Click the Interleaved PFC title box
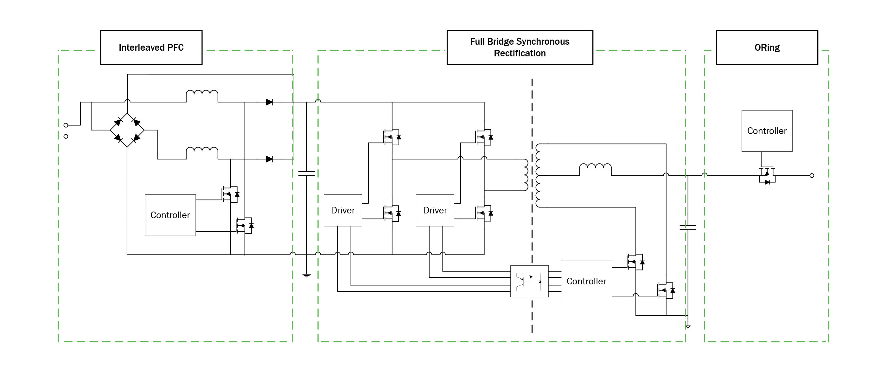pyautogui.click(x=151, y=47)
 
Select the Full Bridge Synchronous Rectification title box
pyautogui.click(x=520, y=47)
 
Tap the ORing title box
pyautogui.click(x=767, y=47)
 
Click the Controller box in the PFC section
pyautogui.click(x=170, y=215)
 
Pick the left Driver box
pyautogui.click(x=343, y=210)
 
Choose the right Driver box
pyautogui.click(x=435, y=210)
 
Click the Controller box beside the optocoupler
pyautogui.click(x=586, y=281)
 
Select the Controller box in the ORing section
pyautogui.click(x=767, y=131)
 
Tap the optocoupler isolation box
pyautogui.click(x=529, y=281)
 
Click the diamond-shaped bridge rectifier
pyautogui.click(x=127, y=130)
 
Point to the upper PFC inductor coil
pyautogui.click(x=202, y=94)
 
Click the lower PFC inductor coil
pyautogui.click(x=202, y=151)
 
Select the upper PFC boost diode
pyautogui.click(x=269, y=102)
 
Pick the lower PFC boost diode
pyautogui.click(x=269, y=159)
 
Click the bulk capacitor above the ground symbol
pyautogui.click(x=306, y=174)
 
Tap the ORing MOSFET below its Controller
pyautogui.click(x=767, y=175)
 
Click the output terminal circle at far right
pyautogui.click(x=812, y=175)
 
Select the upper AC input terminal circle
pyautogui.click(x=66, y=125)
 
